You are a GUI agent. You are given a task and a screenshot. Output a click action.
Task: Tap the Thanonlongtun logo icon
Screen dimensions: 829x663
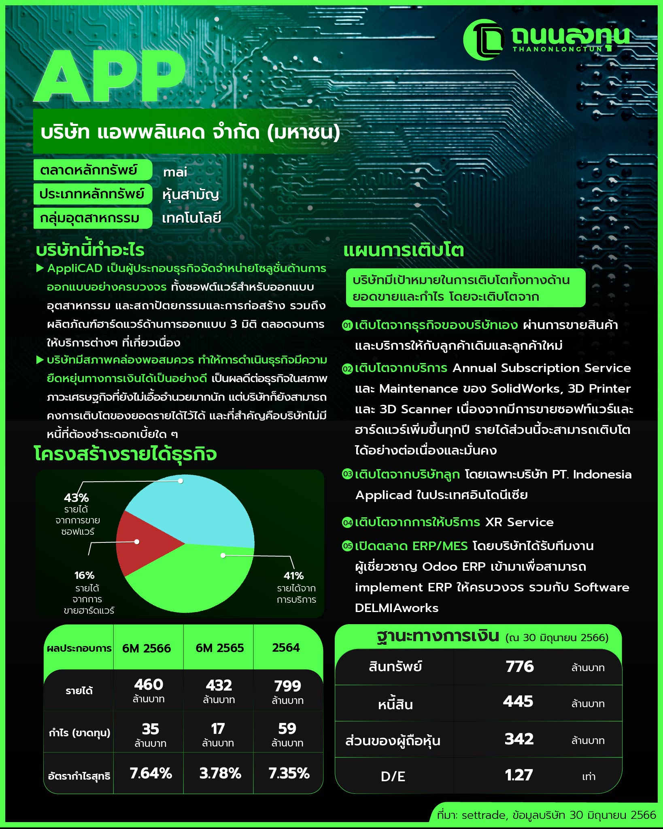(484, 40)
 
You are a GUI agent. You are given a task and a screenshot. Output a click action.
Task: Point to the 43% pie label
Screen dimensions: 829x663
(76, 497)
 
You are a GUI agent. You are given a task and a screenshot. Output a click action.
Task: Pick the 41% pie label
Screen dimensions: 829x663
(293, 576)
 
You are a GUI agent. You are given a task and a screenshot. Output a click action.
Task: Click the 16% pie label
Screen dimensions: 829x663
(84, 575)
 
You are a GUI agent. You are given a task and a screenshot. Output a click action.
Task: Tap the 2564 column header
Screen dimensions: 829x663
(286, 648)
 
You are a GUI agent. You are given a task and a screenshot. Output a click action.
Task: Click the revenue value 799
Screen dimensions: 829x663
(287, 686)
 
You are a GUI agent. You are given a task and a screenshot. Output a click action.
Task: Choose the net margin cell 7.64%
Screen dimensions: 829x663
(151, 774)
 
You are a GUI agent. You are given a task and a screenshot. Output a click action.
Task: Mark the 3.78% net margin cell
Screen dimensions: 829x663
(220, 774)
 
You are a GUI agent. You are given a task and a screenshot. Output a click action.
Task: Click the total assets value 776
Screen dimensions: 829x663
(520, 667)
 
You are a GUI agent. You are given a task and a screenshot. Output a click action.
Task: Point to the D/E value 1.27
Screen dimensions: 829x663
(518, 775)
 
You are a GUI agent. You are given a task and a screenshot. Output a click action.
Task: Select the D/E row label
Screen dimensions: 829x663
(393, 776)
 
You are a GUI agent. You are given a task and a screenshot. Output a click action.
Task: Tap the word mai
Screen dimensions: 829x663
(175, 172)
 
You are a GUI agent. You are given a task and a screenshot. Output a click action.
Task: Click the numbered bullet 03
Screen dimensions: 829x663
(347, 474)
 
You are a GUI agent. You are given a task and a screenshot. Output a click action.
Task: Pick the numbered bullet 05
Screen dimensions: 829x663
(347, 546)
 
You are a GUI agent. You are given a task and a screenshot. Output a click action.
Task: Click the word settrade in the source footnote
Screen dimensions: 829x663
(484, 815)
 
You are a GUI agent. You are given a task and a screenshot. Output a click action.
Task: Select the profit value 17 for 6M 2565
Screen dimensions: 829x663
(218, 729)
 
